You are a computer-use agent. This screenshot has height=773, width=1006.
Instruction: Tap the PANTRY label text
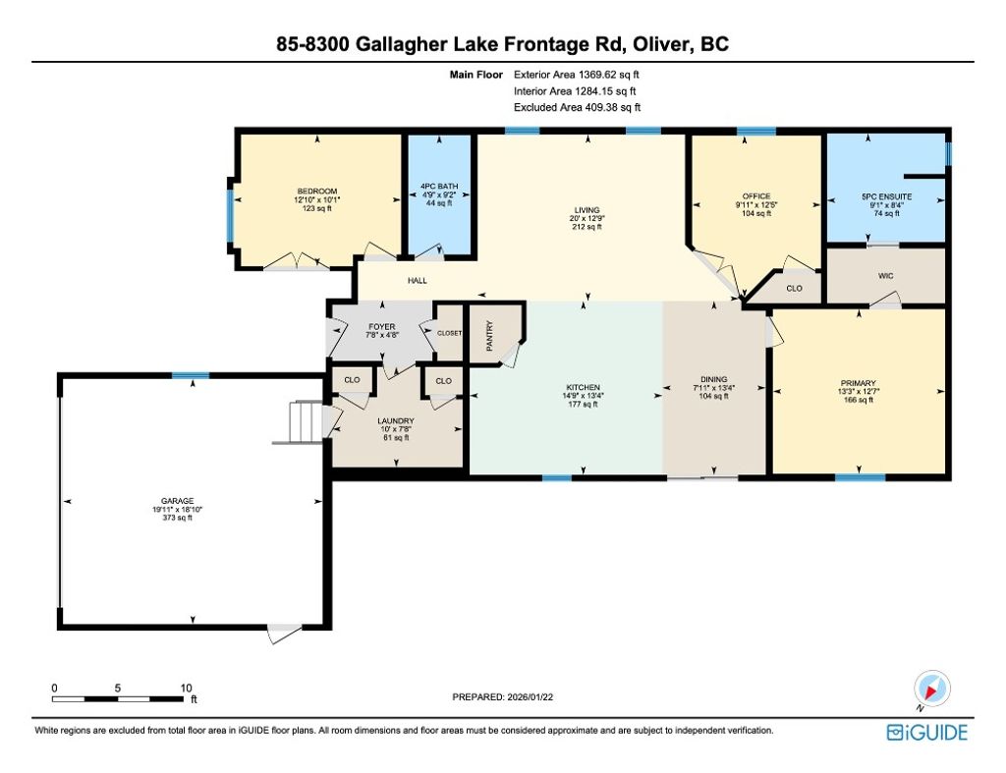(488, 335)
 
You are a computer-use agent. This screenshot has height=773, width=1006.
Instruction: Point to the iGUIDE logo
(926, 733)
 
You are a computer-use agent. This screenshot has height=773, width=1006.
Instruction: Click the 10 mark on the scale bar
(185, 688)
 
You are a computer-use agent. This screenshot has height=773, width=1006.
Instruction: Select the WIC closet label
(884, 276)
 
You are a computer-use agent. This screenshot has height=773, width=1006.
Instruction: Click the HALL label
(418, 281)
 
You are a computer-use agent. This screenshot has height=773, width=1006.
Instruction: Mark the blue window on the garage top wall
(191, 375)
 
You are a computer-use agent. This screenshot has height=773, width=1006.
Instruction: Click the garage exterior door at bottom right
(284, 634)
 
